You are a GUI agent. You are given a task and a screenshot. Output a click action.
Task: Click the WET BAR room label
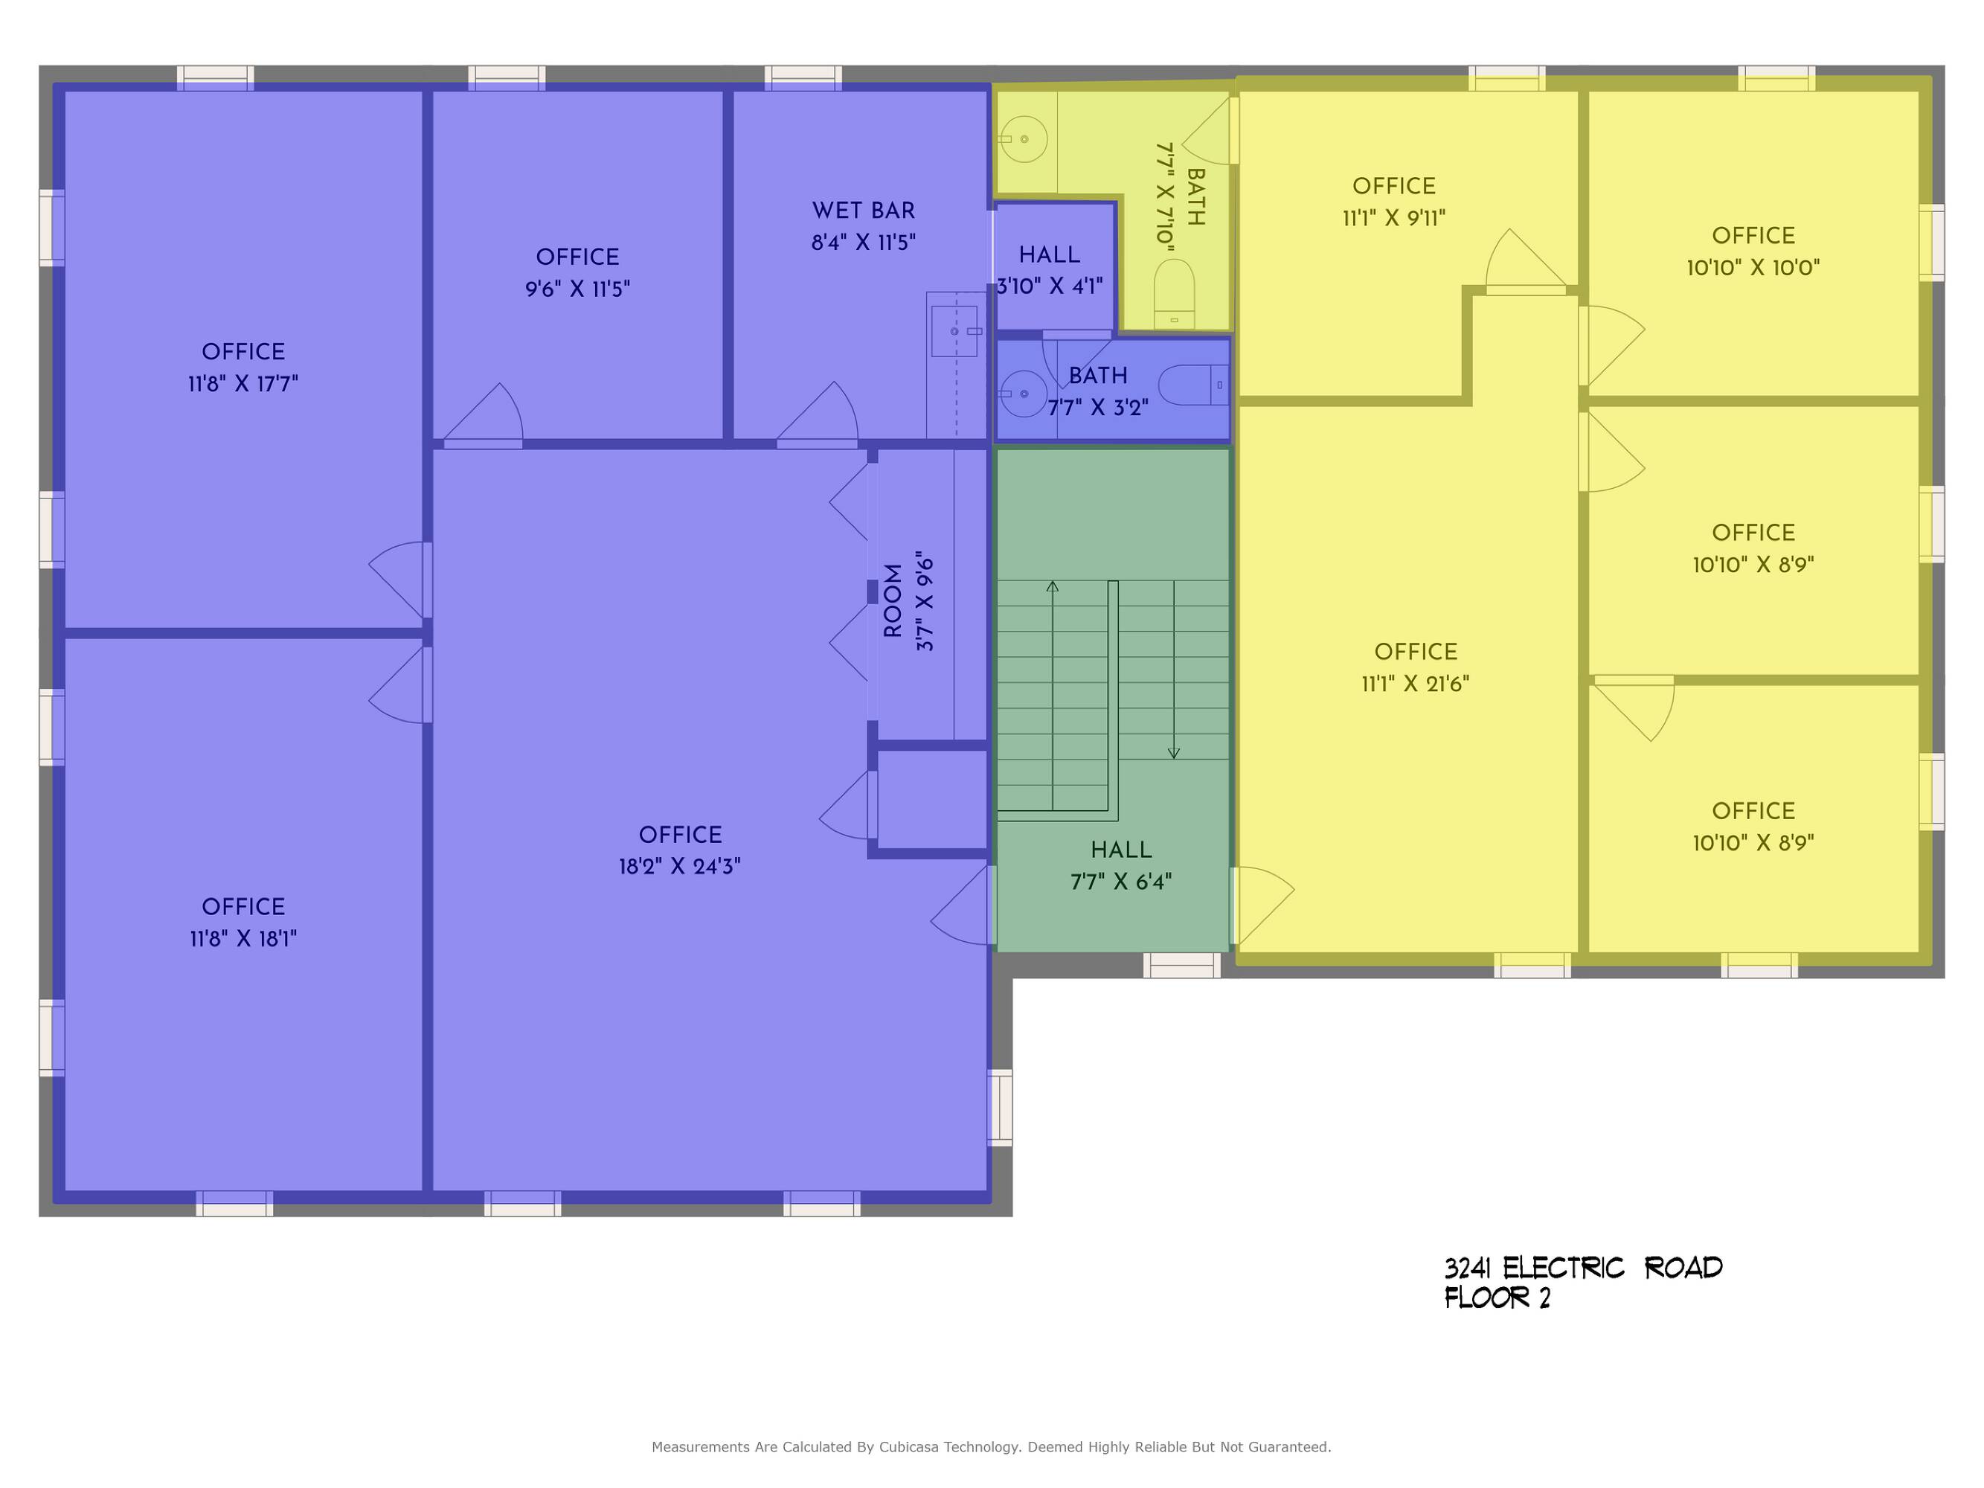[x=863, y=211]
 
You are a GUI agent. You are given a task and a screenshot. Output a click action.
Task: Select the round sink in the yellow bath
[x=1024, y=140]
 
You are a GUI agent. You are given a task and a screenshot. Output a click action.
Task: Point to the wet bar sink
[x=954, y=331]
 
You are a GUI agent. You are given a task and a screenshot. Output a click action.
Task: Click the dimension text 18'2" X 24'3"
[x=680, y=867]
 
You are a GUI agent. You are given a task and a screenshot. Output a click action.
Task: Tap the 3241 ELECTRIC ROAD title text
[x=1583, y=1269]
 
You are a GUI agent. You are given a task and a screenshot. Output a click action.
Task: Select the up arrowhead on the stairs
[x=1053, y=586]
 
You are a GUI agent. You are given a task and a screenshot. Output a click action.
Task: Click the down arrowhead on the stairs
[x=1173, y=754]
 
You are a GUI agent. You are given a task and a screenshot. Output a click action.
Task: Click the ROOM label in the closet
[x=893, y=601]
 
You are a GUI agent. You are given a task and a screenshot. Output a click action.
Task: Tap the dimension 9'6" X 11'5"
[x=577, y=289]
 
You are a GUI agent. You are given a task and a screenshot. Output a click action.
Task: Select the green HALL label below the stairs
[x=1121, y=850]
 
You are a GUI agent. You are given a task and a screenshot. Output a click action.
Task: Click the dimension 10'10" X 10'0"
[x=1753, y=267]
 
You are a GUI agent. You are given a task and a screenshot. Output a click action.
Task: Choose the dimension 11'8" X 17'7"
[x=243, y=384]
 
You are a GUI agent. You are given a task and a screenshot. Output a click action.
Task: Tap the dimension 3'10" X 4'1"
[x=1050, y=286]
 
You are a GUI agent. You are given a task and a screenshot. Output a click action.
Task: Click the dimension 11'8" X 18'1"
[x=243, y=939]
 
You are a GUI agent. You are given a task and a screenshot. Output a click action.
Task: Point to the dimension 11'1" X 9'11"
[x=1394, y=218]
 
